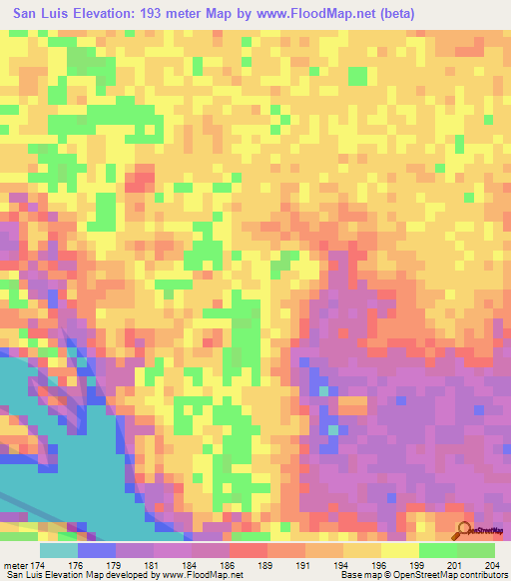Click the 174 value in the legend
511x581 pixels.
coord(39,564)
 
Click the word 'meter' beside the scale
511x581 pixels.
coord(16,564)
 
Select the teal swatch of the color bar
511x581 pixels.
coord(59,550)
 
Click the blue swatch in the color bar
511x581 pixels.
coord(97,550)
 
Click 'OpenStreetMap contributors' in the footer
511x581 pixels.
coord(454,575)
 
